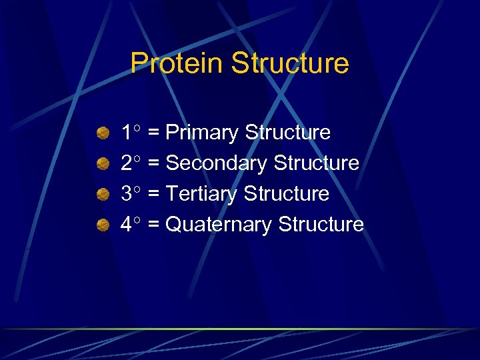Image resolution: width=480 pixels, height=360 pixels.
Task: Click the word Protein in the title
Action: click(177, 63)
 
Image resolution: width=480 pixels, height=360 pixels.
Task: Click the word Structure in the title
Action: click(289, 63)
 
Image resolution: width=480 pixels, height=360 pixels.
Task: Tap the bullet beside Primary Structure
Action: click(103, 133)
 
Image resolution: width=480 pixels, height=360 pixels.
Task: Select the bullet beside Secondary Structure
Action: click(103, 164)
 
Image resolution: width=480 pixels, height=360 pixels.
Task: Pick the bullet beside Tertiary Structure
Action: click(103, 195)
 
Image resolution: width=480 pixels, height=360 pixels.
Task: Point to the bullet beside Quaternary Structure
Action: click(103, 225)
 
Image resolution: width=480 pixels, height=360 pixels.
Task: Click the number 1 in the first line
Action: click(126, 133)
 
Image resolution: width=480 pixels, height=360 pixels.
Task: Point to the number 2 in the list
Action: click(126, 163)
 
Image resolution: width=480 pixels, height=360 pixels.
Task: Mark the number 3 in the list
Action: click(126, 194)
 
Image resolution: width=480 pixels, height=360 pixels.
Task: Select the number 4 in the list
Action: click(126, 225)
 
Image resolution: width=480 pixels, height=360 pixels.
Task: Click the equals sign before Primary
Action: click(153, 133)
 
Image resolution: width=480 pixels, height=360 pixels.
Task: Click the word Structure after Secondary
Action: click(316, 163)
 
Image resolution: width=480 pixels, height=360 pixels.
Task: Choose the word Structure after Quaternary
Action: click(321, 225)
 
